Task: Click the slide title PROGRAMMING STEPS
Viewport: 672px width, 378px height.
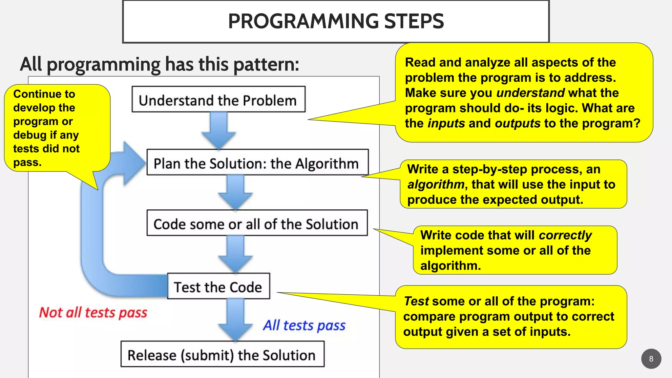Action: pos(336,21)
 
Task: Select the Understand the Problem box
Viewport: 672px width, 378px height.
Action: pos(218,100)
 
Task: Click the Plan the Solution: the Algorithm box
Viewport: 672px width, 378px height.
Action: pos(257,163)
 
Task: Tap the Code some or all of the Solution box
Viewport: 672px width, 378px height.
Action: pos(257,223)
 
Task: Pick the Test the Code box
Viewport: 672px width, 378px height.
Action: pos(218,287)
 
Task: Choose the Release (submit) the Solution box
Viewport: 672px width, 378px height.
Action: pos(222,355)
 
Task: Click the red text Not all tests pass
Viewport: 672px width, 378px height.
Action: pos(93,312)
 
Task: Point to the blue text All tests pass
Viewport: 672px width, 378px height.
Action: pos(304,325)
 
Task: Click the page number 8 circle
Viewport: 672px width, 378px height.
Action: pos(651,359)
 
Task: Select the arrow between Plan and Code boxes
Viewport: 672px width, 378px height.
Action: pos(235,192)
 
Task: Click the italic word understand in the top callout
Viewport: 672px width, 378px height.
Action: pos(530,93)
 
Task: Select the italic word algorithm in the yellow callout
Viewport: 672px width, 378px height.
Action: pos(436,184)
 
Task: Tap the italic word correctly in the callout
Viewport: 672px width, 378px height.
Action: pos(565,235)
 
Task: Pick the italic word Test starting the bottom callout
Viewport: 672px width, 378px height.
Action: pos(416,301)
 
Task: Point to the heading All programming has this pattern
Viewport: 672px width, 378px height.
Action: pos(159,64)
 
